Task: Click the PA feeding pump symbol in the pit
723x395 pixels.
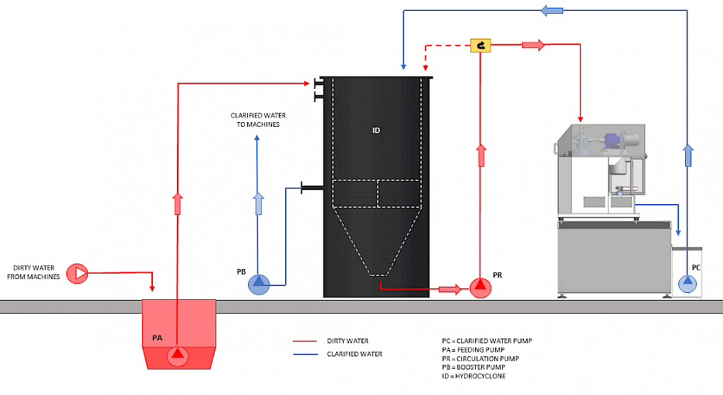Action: click(178, 355)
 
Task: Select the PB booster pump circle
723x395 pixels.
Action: click(259, 285)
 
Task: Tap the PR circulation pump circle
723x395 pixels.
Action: click(480, 288)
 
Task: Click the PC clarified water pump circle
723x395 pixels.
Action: click(687, 284)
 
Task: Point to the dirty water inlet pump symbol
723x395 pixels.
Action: click(77, 272)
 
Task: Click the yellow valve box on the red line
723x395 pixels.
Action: click(481, 46)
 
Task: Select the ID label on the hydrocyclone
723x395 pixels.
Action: click(376, 130)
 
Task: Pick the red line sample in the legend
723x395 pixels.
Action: click(307, 340)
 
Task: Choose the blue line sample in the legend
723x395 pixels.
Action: click(307, 354)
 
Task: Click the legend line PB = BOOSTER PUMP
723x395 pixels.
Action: click(474, 367)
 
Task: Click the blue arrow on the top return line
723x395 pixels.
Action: click(551, 10)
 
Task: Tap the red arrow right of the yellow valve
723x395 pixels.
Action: click(533, 45)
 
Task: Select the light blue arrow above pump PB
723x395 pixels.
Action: click(259, 204)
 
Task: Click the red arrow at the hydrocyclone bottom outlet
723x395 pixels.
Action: click(449, 289)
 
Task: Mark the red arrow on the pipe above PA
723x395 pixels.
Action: click(178, 205)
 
